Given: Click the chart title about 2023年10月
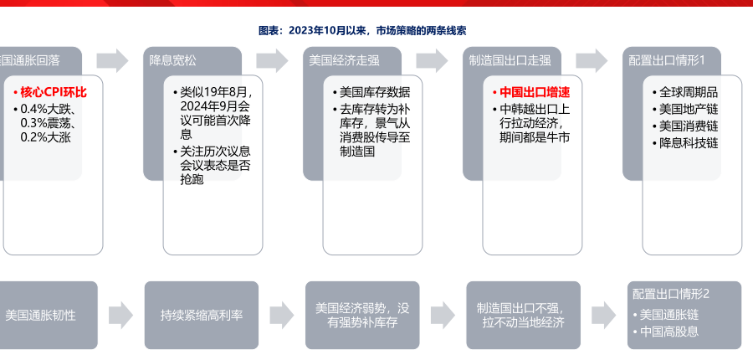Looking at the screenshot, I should [362, 29].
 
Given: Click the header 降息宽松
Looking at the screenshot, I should [173, 60].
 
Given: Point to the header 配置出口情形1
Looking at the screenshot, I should [668, 60].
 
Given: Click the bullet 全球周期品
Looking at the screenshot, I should [689, 92].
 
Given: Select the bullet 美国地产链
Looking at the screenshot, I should [689, 109].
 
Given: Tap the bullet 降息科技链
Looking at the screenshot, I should [689, 142].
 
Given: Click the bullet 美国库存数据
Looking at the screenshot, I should [374, 92].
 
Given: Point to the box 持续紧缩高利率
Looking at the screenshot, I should [202, 316].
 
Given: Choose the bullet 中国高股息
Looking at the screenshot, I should [668, 332].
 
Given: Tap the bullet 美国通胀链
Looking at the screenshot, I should [668, 315].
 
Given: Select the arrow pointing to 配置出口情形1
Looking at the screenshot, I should [592, 60].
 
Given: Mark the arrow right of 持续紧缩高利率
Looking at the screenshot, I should [280, 316].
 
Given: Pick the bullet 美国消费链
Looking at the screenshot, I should [689, 126].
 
